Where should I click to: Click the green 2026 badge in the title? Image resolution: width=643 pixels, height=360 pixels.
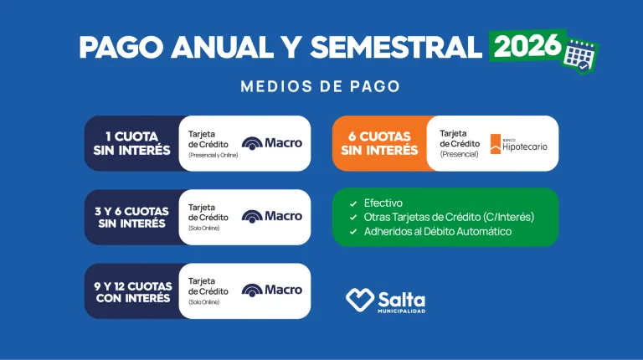(527, 45)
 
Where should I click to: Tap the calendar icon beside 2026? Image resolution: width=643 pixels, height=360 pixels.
(582, 55)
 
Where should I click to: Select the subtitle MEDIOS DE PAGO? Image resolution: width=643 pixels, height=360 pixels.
(320, 86)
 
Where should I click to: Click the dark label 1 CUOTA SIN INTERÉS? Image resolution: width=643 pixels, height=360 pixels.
(132, 143)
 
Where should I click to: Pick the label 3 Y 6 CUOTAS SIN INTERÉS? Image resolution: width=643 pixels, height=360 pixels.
(132, 217)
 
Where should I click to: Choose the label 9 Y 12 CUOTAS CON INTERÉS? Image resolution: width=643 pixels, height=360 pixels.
(132, 291)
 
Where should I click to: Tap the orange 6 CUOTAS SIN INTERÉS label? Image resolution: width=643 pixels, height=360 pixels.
(379, 143)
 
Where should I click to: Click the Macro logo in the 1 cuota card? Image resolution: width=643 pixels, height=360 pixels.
(272, 143)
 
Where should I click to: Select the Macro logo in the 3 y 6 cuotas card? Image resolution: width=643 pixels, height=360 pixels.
(272, 217)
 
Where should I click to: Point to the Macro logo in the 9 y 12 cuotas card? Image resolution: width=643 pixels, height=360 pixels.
(272, 291)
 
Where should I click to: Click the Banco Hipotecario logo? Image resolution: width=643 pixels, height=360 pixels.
(519, 143)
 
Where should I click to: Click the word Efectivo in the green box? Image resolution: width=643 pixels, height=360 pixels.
(383, 203)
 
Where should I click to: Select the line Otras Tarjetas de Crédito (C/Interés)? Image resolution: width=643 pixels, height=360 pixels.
(449, 217)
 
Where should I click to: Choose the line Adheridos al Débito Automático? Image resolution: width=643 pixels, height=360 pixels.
(438, 231)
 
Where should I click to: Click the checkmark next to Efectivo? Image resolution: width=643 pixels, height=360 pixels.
(353, 203)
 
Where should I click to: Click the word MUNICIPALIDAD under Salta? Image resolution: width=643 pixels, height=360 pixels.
(401, 311)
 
